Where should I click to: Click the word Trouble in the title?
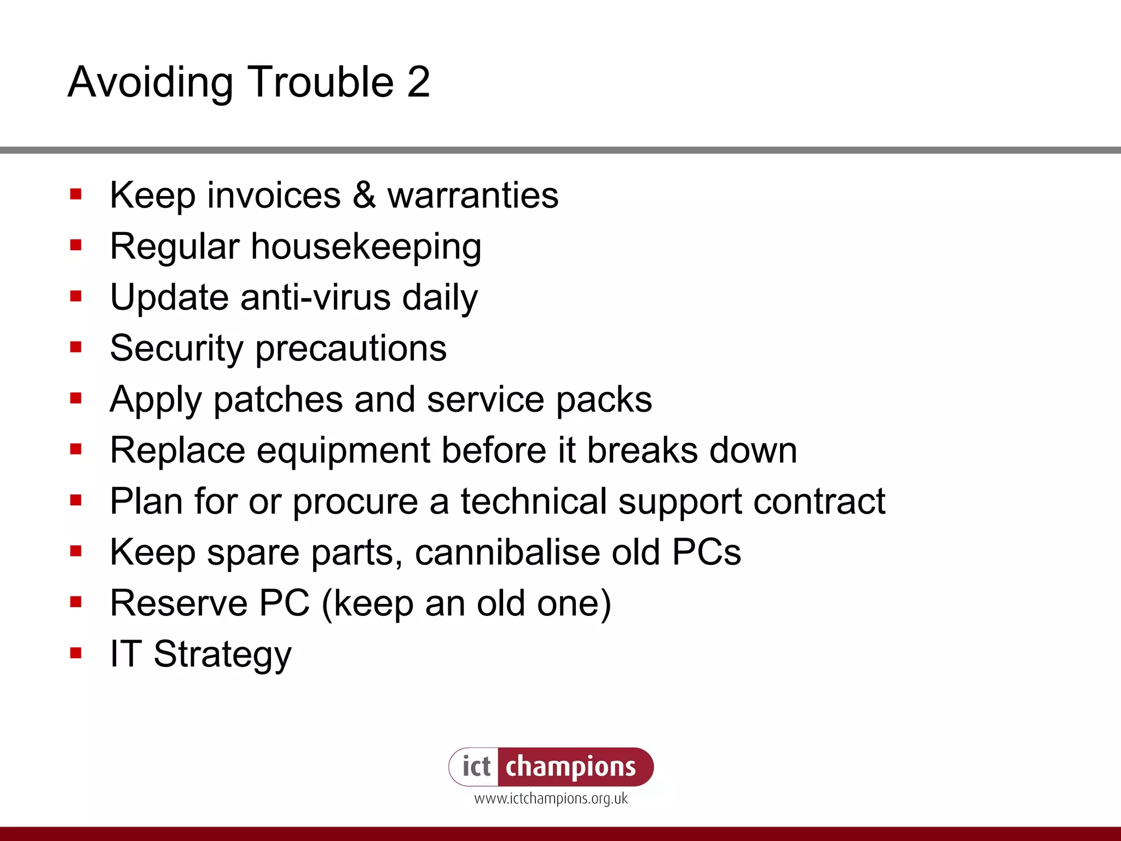(x=321, y=82)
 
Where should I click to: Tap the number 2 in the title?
(x=419, y=82)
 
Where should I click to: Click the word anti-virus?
(x=315, y=297)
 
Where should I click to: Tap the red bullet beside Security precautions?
(x=76, y=347)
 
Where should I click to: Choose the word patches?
(x=278, y=400)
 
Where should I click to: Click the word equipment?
(x=343, y=451)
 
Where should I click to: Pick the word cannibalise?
(x=507, y=552)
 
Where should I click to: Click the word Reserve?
(x=179, y=603)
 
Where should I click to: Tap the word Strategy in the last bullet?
(x=222, y=654)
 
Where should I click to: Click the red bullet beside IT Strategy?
(x=76, y=653)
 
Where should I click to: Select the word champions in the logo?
(x=570, y=767)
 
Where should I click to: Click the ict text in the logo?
(x=476, y=767)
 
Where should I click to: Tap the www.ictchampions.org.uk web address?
(x=551, y=798)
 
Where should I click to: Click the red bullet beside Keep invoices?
(x=76, y=194)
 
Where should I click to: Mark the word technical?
(x=534, y=501)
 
